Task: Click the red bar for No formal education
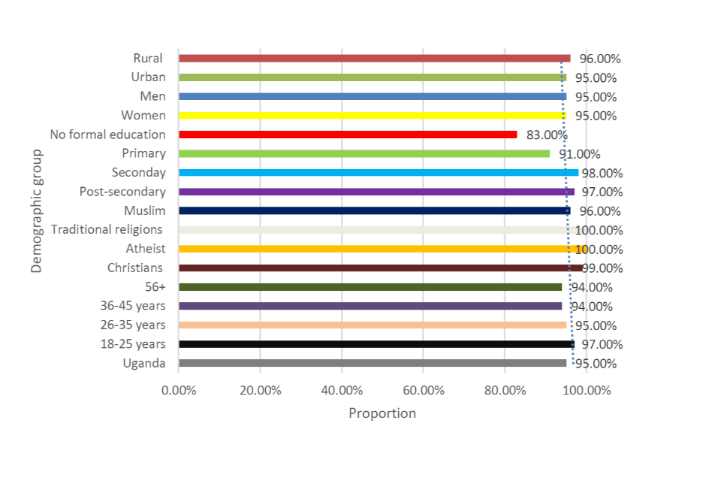click(x=348, y=135)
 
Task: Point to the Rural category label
click(x=148, y=58)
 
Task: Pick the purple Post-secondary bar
click(x=376, y=192)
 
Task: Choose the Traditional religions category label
click(x=107, y=229)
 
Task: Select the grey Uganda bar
click(x=372, y=363)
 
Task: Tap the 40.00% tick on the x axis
click(x=341, y=391)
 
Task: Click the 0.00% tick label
click(x=178, y=391)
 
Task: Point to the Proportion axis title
click(x=382, y=413)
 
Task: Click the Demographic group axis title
click(x=37, y=210)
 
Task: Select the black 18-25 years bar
click(x=376, y=344)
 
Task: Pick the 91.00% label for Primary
click(x=579, y=154)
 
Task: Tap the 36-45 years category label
click(x=133, y=306)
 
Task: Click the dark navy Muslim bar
click(x=374, y=211)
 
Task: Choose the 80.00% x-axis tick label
click(x=504, y=391)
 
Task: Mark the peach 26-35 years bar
click(x=372, y=325)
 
